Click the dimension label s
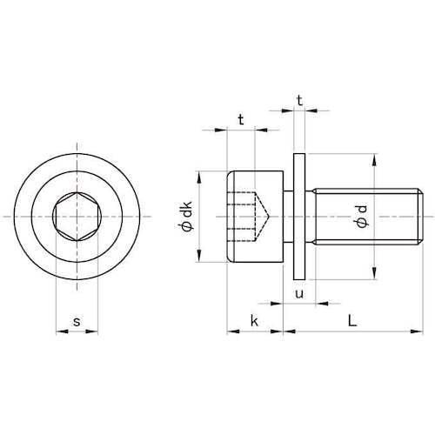click(77, 322)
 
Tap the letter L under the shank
click(351, 321)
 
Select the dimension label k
click(254, 321)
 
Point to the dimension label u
click(299, 294)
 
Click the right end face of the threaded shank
click(422, 215)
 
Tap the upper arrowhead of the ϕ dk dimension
click(201, 174)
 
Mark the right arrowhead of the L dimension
click(418, 331)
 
